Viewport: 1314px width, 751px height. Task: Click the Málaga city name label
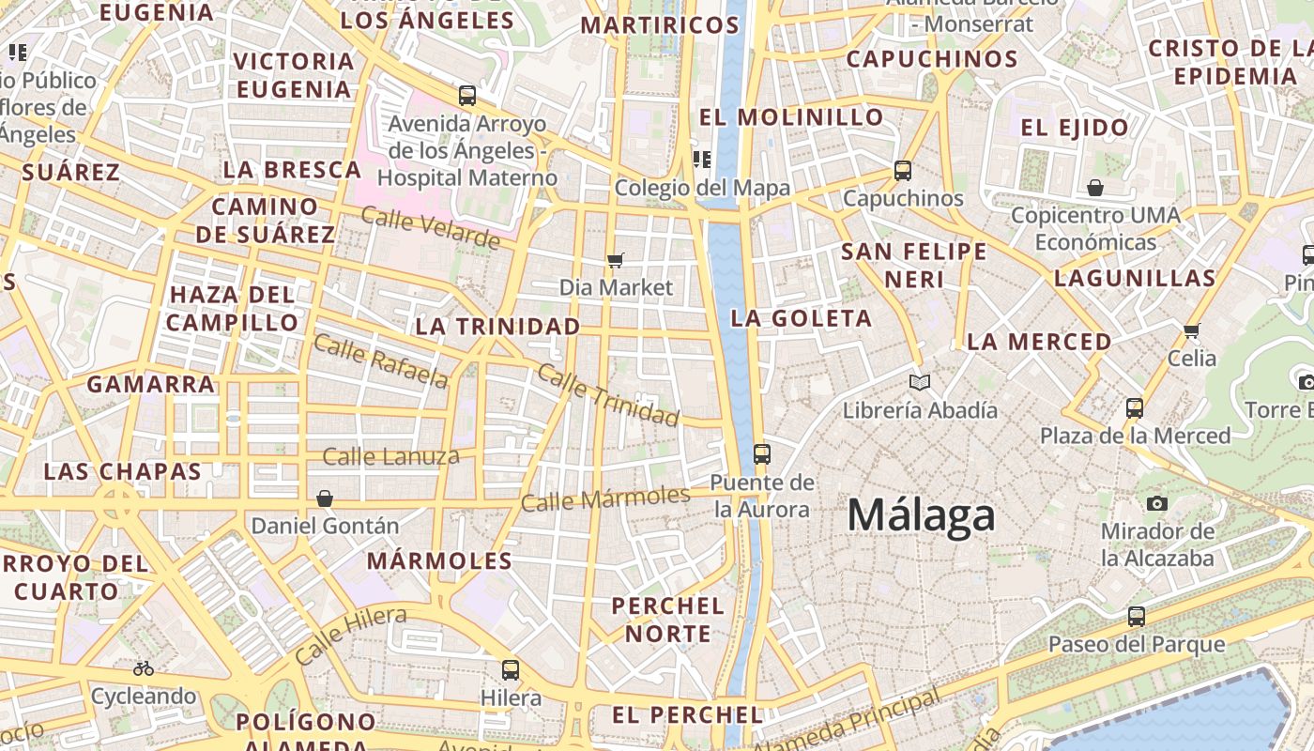click(921, 515)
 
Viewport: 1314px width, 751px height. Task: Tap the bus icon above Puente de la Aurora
click(761, 454)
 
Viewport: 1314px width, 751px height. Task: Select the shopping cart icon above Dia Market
click(616, 260)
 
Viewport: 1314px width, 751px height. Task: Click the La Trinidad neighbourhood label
click(497, 327)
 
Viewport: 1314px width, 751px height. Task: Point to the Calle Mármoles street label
click(605, 498)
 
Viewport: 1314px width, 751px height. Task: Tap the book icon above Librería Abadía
click(920, 382)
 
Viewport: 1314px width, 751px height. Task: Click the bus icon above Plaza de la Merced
click(1135, 408)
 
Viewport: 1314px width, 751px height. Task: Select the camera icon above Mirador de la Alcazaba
click(1157, 504)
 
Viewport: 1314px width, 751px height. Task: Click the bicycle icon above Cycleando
click(144, 668)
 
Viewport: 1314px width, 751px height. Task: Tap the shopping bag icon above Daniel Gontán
click(325, 498)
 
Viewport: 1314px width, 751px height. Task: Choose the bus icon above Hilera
click(511, 670)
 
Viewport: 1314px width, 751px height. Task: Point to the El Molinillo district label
click(791, 117)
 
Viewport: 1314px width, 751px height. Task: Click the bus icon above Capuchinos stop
click(903, 171)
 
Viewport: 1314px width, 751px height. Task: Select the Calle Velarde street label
click(431, 228)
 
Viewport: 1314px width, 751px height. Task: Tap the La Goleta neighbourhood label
click(802, 318)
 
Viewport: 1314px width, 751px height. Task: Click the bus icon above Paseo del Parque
click(1137, 617)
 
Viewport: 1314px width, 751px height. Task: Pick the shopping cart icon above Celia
click(1192, 330)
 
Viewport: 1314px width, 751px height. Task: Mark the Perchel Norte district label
click(668, 620)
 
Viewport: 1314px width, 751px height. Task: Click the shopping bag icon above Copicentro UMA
click(1095, 189)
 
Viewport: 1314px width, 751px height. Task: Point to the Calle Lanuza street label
click(390, 457)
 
